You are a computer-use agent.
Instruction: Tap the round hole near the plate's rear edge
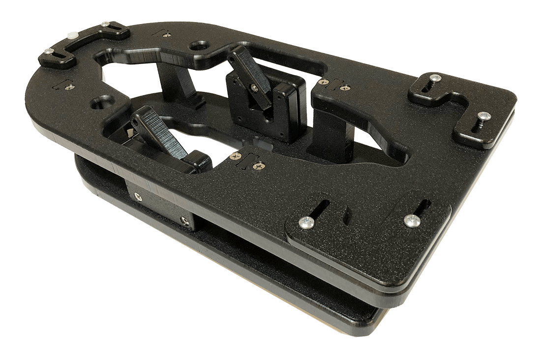(199, 46)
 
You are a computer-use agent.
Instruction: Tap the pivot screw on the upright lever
(254, 88)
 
